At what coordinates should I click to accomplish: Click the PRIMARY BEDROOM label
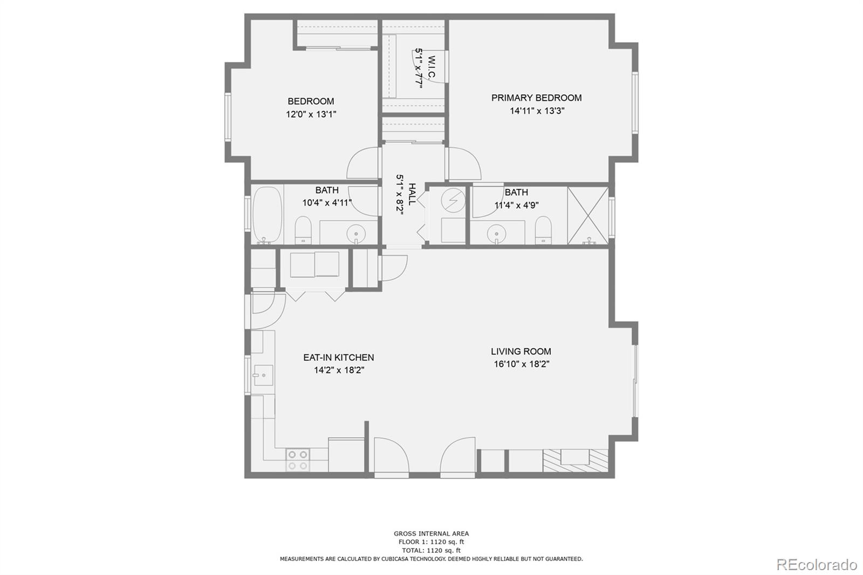[x=536, y=98]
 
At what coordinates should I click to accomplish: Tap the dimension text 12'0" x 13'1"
[x=311, y=114]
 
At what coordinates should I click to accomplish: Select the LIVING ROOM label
[x=521, y=351]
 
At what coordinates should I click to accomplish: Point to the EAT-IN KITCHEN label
[x=338, y=357]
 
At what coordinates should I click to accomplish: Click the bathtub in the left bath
[x=268, y=215]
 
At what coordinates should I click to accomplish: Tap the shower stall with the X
[x=588, y=215]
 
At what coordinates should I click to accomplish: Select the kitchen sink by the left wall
[x=264, y=375]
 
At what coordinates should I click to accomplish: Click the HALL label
[x=412, y=194]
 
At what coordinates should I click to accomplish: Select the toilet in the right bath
[x=543, y=230]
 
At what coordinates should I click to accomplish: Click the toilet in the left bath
[x=304, y=230]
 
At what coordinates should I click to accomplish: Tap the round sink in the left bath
[x=356, y=234]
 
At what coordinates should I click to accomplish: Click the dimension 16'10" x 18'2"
[x=521, y=364]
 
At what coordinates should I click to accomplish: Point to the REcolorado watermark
[x=816, y=564]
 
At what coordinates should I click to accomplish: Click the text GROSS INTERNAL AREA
[x=431, y=533]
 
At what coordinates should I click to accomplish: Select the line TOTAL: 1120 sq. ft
[x=431, y=550]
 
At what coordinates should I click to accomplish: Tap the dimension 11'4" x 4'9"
[x=516, y=205]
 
